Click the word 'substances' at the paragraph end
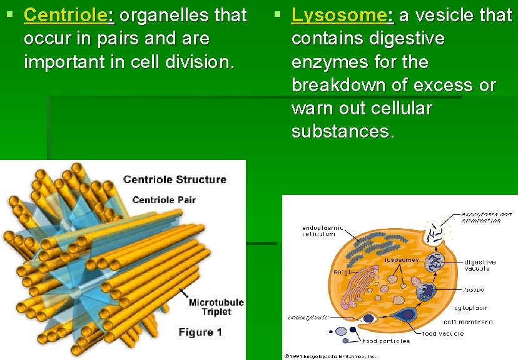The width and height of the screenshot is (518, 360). tap(342, 132)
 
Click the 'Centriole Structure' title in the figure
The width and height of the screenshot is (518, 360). tap(175, 180)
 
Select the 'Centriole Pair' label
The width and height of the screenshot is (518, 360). tap(164, 200)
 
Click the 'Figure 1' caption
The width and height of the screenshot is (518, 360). tap(200, 332)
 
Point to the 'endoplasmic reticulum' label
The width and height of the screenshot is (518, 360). tap(322, 232)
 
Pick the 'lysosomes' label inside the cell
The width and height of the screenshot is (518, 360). tap(401, 259)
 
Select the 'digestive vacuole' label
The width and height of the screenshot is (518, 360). tap(480, 265)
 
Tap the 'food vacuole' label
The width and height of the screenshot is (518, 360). tap(443, 334)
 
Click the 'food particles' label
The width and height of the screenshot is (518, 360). tap(386, 341)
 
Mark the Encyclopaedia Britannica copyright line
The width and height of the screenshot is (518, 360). tap(330, 356)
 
